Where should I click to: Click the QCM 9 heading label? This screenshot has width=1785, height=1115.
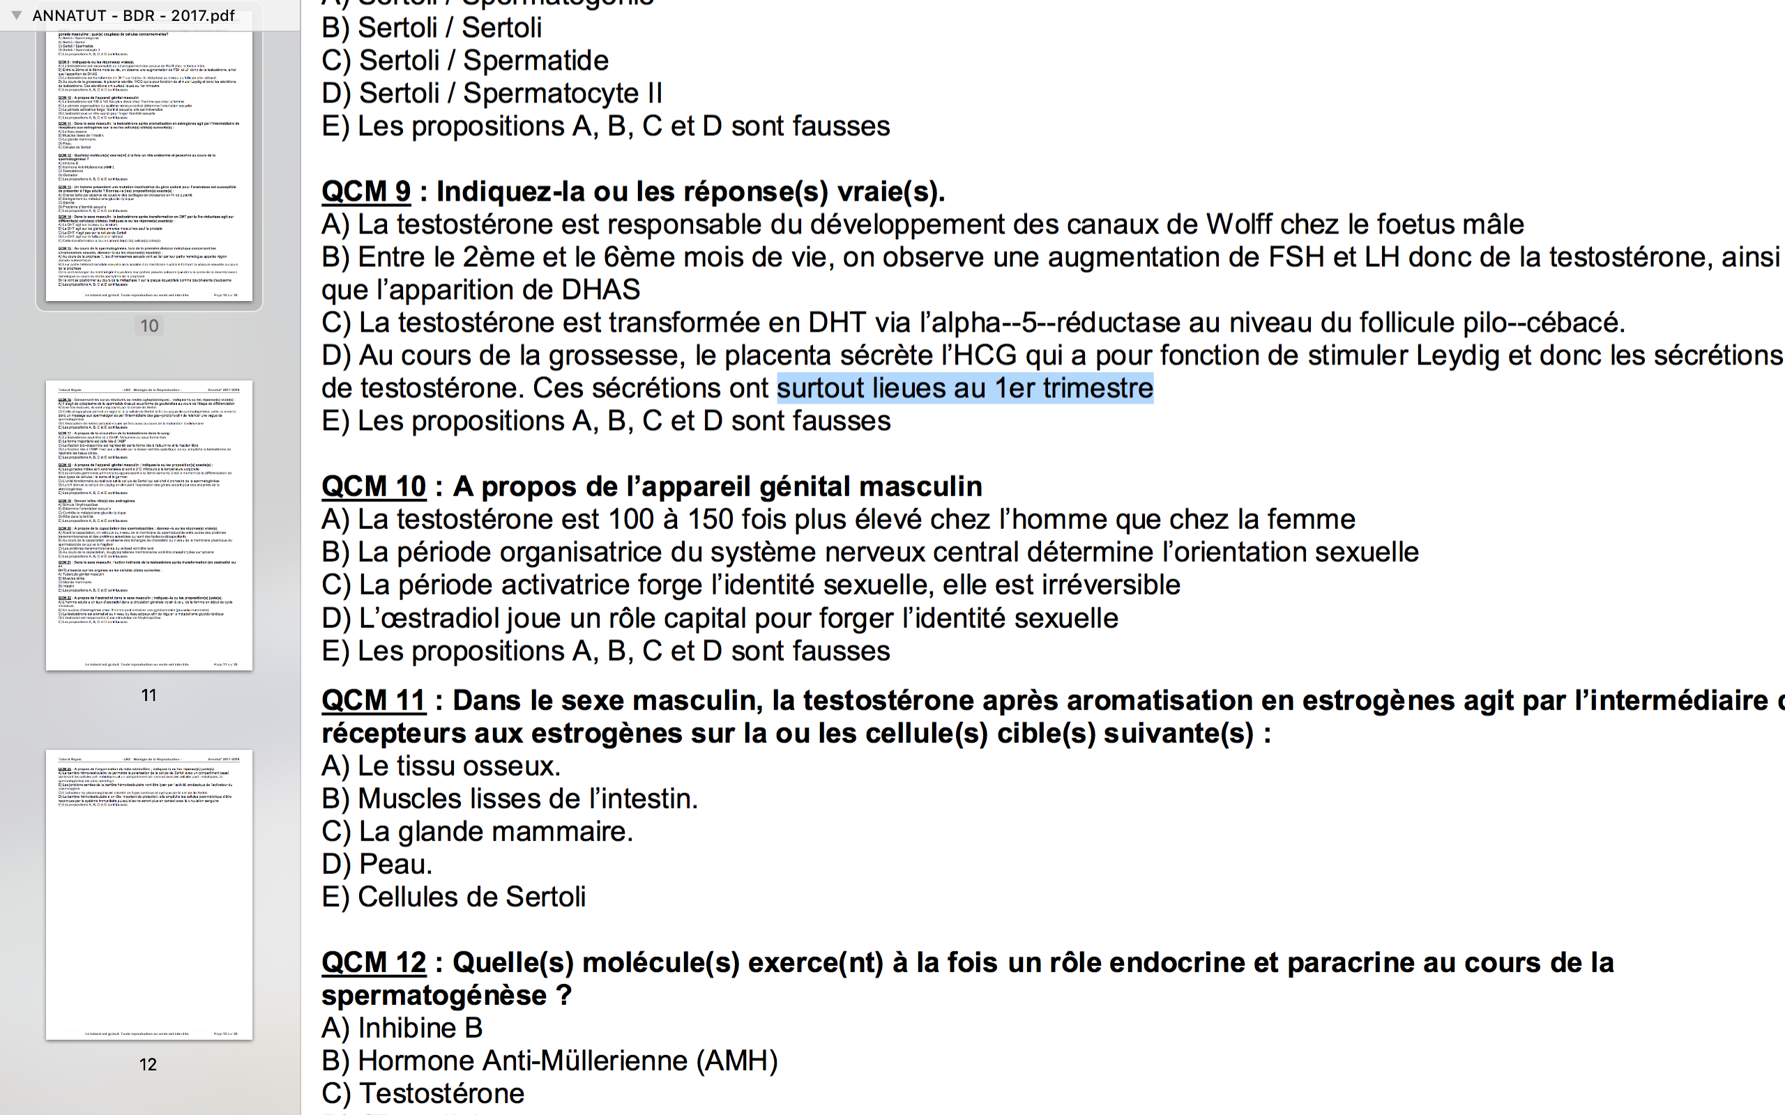click(366, 192)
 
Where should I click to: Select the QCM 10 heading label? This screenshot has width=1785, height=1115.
click(373, 486)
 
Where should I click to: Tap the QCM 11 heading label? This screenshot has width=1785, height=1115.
click(373, 700)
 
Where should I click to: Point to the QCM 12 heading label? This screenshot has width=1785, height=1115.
click(373, 962)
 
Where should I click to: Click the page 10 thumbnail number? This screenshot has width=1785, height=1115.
click(149, 326)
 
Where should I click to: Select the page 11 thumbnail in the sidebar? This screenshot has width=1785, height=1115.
click(149, 525)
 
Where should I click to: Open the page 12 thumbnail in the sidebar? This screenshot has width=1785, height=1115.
click(149, 894)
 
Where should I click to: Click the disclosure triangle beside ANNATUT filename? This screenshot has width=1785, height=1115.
click(16, 15)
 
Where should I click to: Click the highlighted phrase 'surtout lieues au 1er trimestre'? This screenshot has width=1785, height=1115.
click(965, 389)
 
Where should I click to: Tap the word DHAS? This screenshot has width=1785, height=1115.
click(600, 290)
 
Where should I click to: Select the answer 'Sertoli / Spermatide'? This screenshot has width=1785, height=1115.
click(483, 61)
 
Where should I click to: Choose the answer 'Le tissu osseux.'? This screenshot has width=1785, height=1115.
click(459, 766)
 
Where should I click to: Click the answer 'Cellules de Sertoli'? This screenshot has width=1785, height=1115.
click(471, 898)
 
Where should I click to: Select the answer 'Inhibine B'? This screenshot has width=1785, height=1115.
click(420, 1028)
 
